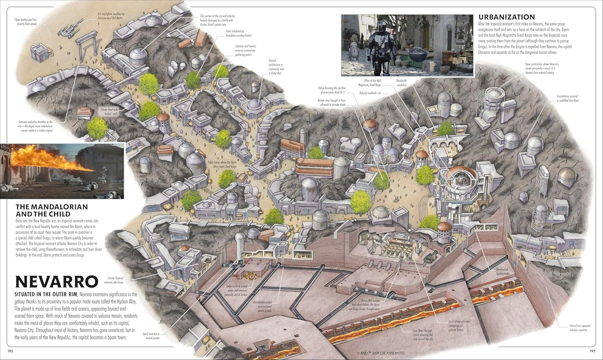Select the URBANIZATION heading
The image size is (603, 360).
coord(507,17)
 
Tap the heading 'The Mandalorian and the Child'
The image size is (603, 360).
coord(51,211)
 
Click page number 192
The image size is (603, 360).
coord(10,352)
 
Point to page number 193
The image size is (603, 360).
coord(592,352)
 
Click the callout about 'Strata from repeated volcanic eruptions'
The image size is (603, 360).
coord(578,328)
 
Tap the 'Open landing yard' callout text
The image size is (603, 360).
coord(26,21)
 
